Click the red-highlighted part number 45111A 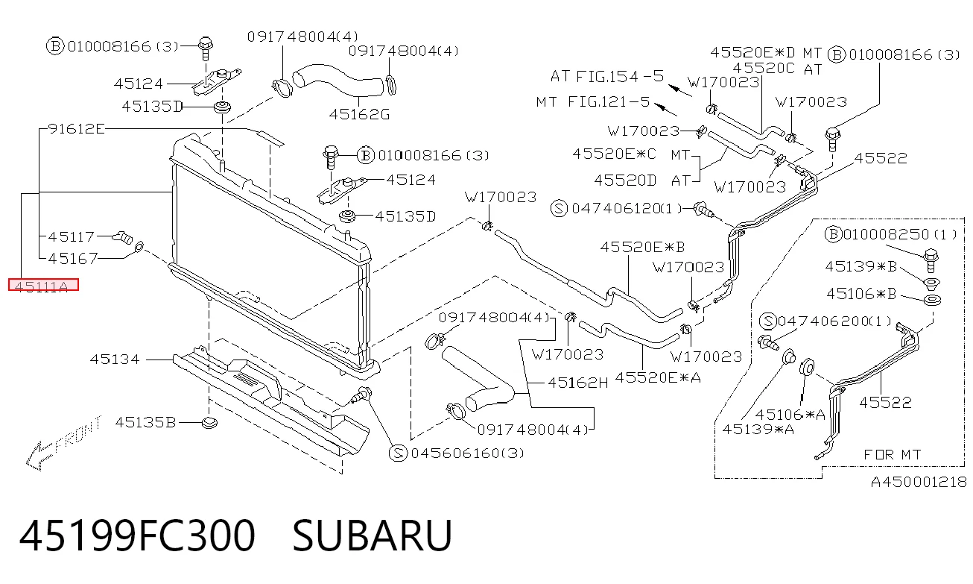tap(43, 285)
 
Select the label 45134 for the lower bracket tap(115, 359)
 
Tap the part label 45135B tap(145, 422)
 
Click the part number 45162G tap(359, 114)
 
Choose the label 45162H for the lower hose tap(577, 383)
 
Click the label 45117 tap(72, 236)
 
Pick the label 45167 tap(73, 259)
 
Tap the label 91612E tap(77, 129)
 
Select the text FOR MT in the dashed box tap(893, 455)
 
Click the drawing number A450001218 tap(919, 482)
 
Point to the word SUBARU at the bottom tap(373, 536)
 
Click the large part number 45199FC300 tap(137, 536)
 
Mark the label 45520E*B tap(642, 247)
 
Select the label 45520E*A tap(658, 377)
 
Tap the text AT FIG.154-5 tap(607, 76)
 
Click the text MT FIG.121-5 tap(593, 101)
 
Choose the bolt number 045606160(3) tap(467, 453)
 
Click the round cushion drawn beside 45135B tap(210, 422)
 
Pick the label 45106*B tap(861, 294)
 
